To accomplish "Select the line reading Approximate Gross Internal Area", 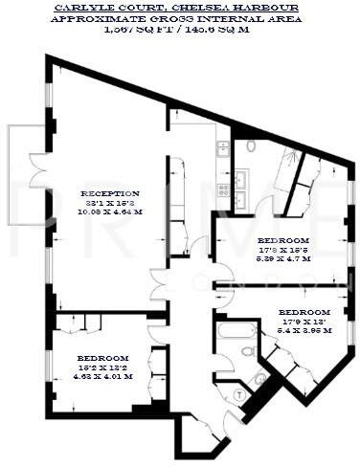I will click(x=180, y=18).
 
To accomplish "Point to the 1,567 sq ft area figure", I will click(x=144, y=30).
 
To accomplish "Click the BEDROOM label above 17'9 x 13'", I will click(x=304, y=312).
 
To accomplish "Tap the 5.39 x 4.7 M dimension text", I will click(x=283, y=257).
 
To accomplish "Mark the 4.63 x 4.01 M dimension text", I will click(x=104, y=376).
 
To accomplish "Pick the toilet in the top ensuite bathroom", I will click(x=250, y=146).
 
